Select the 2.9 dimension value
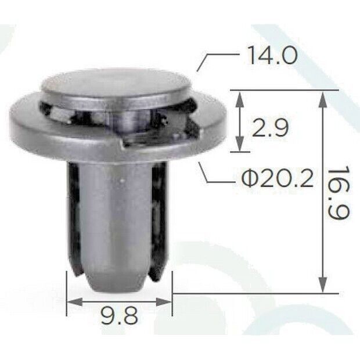coord(270,128)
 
